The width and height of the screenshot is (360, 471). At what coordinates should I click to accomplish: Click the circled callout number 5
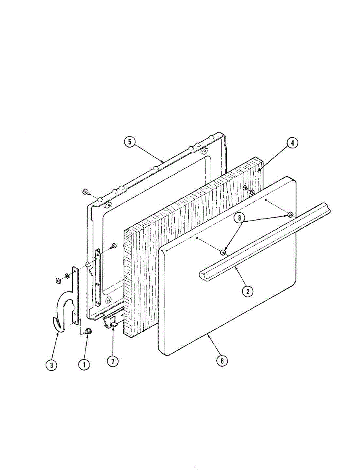point(130,142)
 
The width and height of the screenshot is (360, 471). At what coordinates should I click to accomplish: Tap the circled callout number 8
point(239,218)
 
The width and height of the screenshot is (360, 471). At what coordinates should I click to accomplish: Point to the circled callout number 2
point(248,291)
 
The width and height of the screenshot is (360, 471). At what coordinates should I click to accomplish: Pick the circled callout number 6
point(222,361)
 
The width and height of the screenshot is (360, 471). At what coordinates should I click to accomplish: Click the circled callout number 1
point(84,364)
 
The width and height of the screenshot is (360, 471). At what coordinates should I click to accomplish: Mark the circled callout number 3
point(51,365)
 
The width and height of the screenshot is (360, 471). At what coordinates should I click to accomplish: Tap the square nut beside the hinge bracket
point(57,280)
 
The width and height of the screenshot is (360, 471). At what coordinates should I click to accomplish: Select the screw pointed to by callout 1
point(88,330)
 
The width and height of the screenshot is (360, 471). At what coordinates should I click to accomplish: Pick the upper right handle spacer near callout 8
point(290,215)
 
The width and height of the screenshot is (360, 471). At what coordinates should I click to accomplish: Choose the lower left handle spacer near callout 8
point(223,252)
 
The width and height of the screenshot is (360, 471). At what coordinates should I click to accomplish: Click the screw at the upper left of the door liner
point(85,192)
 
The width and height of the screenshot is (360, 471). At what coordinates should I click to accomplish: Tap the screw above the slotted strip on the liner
point(113,246)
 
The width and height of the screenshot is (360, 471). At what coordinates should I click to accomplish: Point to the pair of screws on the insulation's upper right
point(249,190)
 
